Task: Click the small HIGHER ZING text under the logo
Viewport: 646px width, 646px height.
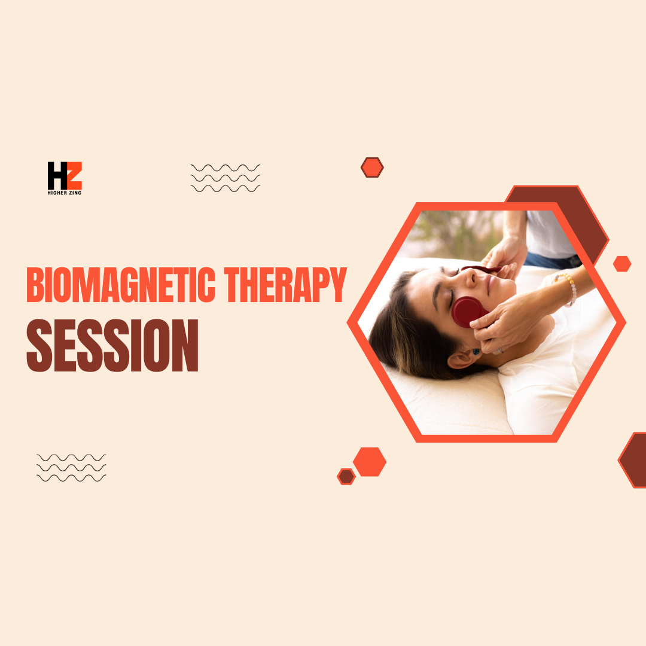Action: click(65, 193)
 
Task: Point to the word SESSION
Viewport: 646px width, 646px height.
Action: click(112, 346)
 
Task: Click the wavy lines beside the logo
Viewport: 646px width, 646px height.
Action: click(225, 178)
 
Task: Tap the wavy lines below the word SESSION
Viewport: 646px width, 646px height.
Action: click(71, 468)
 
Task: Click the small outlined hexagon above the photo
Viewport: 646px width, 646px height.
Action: click(372, 167)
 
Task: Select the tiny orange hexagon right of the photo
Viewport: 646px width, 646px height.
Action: click(622, 264)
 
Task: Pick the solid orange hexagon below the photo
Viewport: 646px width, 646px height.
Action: click(370, 462)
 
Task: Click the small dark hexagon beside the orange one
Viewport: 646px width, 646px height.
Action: click(346, 477)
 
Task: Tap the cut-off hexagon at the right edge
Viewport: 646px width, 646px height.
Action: click(634, 459)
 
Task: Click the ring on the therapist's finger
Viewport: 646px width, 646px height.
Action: click(499, 351)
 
